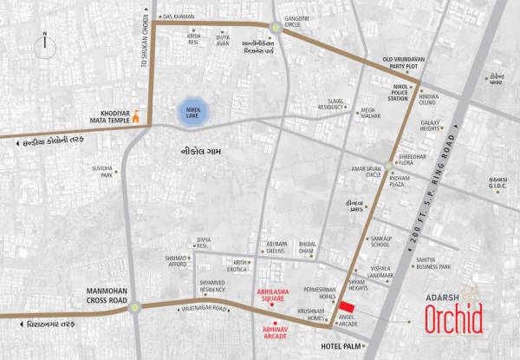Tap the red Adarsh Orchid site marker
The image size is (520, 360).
point(346,308)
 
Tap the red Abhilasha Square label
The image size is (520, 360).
point(275,297)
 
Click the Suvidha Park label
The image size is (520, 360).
point(106,171)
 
